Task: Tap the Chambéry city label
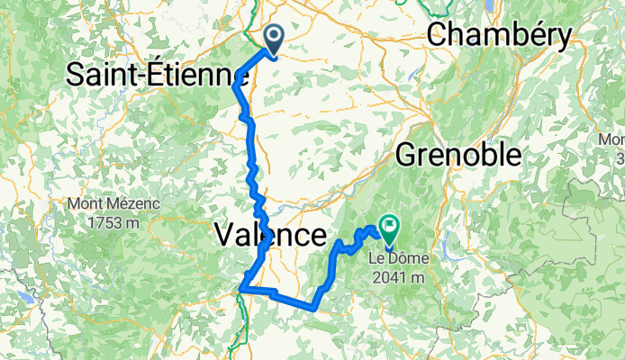499,36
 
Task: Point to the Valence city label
270,236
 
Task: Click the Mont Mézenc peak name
114,204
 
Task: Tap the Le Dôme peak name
398,259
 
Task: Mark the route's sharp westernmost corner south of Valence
241,289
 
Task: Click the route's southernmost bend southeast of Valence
311,306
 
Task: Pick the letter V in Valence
225,236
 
